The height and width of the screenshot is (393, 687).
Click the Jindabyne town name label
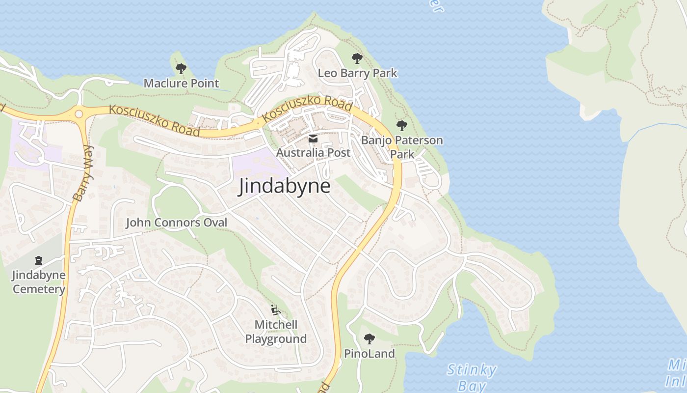coord(284,186)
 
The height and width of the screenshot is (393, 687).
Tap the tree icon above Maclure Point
coord(181,69)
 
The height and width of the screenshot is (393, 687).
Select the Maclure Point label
coord(181,83)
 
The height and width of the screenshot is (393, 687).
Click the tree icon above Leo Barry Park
coord(357,58)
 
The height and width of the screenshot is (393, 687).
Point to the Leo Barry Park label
coord(357,73)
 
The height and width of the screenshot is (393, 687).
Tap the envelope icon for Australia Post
coord(313,139)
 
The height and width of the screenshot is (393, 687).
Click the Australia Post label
coord(313,153)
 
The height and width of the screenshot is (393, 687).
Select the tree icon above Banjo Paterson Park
coord(402,126)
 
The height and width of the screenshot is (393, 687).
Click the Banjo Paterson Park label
coord(402,147)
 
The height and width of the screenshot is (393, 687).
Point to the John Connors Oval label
coord(177,223)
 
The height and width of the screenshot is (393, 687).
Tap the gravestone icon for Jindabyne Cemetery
coord(39,260)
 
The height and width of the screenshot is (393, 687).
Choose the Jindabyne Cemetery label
coord(39,282)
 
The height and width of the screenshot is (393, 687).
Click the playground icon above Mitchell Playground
coord(276,310)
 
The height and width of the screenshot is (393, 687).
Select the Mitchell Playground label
coord(276,332)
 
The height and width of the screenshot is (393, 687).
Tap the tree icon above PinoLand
coord(369,338)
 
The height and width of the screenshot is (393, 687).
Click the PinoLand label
coord(369,354)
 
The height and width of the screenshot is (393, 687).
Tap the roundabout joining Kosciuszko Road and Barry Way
coord(79,114)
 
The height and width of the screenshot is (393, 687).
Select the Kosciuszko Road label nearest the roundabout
coord(154,120)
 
